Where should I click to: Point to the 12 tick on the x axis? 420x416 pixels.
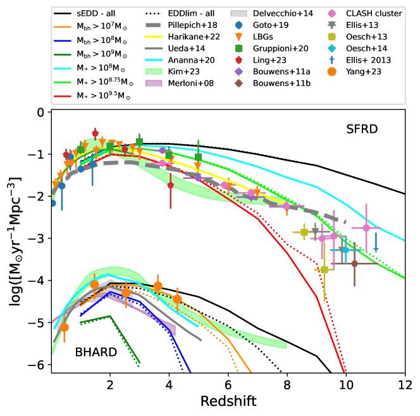pyautogui.click(x=404, y=383)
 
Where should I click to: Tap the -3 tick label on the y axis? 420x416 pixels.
pyautogui.click(x=38, y=238)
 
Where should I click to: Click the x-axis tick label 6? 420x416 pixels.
pyautogui.click(x=228, y=383)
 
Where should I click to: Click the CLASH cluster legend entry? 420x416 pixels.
pyautogui.click(x=366, y=13)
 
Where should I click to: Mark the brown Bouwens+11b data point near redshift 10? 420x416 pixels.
pyautogui.click(x=354, y=263)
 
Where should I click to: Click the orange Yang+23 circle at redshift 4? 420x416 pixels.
pyautogui.click(x=177, y=298)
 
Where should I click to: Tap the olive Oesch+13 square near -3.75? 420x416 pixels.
pyautogui.click(x=324, y=270)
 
